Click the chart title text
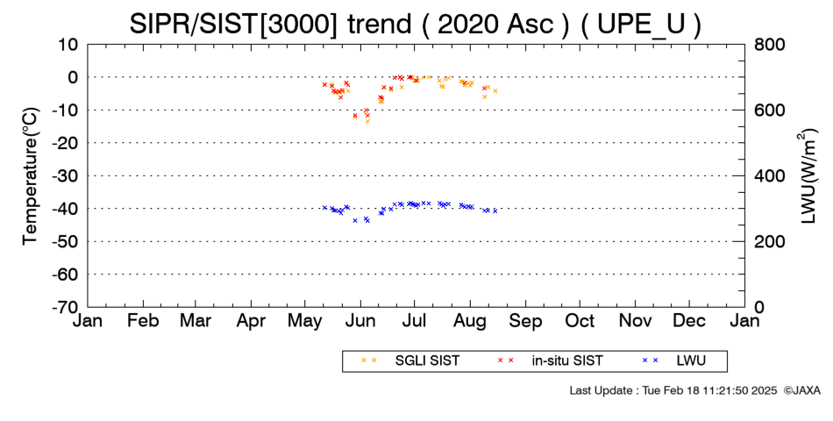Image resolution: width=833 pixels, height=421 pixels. (x=416, y=24)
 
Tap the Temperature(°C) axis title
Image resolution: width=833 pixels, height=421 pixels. (x=31, y=176)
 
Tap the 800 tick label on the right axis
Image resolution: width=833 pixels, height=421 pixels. (x=770, y=45)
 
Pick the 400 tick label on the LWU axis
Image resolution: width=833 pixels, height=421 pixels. (x=770, y=176)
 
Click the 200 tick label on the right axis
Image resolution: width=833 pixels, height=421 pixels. (x=770, y=241)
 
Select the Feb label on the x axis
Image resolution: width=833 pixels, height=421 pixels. (x=143, y=320)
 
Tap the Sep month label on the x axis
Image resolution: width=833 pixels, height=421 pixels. (x=526, y=320)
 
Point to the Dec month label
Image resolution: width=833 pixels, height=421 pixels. (x=689, y=320)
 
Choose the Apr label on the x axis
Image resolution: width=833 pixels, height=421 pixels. (x=251, y=320)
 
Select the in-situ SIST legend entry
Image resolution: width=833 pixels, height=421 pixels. (x=551, y=361)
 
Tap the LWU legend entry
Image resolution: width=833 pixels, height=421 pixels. (x=674, y=361)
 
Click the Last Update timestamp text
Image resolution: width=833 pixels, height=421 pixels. (x=673, y=390)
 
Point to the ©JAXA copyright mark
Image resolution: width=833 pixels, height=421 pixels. (x=802, y=390)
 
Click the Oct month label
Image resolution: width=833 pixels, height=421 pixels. (x=580, y=320)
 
